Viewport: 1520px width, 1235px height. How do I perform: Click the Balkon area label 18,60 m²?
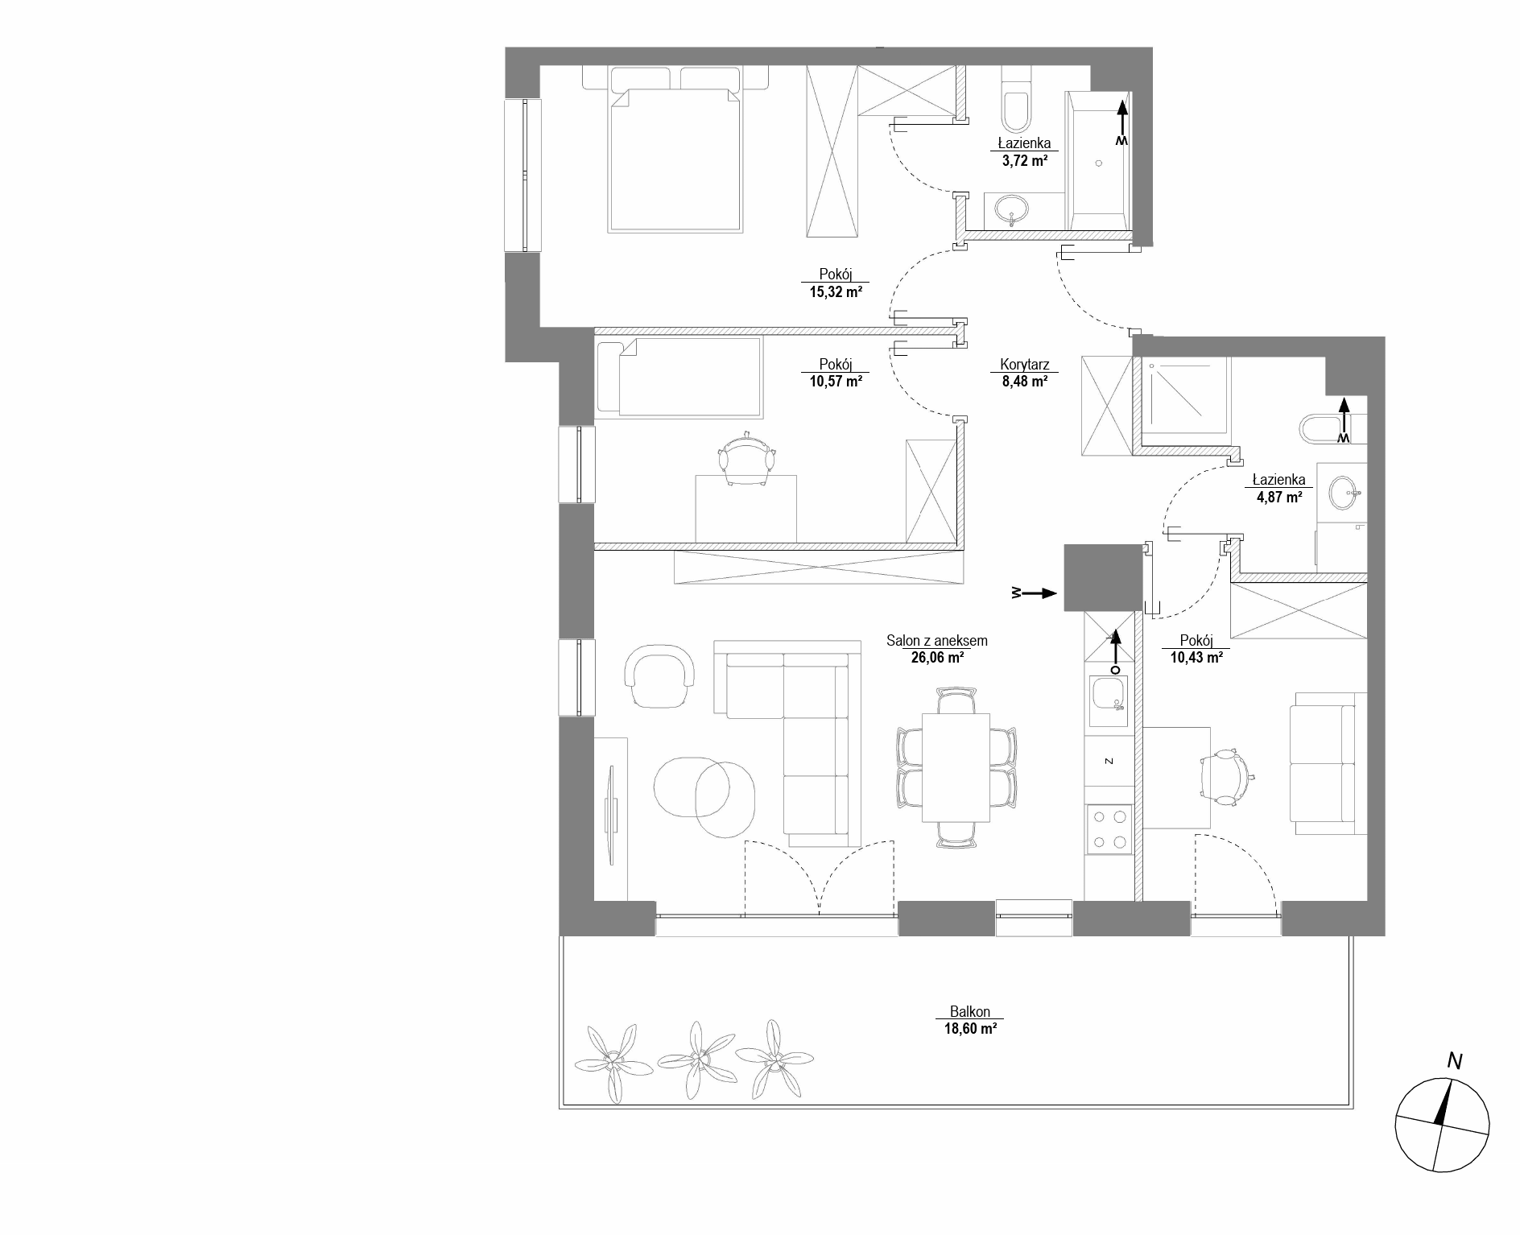pos(970,1028)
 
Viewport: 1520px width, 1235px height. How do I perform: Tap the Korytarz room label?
pos(1024,364)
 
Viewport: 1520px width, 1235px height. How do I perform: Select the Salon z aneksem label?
pos(936,641)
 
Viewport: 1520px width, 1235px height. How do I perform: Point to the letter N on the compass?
pos(1454,1061)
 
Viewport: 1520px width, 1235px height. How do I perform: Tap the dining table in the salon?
pos(956,766)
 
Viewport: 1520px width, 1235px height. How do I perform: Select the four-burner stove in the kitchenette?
pos(1109,829)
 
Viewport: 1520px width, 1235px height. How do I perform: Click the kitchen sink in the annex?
pos(1108,700)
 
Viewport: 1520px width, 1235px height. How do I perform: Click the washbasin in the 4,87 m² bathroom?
pos(1343,493)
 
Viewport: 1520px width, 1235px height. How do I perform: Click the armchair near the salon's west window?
pos(659,675)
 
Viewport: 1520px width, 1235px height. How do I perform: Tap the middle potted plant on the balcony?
pos(696,1059)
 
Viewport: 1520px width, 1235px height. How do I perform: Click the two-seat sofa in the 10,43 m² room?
pos(1328,763)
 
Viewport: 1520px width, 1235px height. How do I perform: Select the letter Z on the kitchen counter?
pos(1109,760)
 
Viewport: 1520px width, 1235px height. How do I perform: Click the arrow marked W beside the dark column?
pos(1034,593)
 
